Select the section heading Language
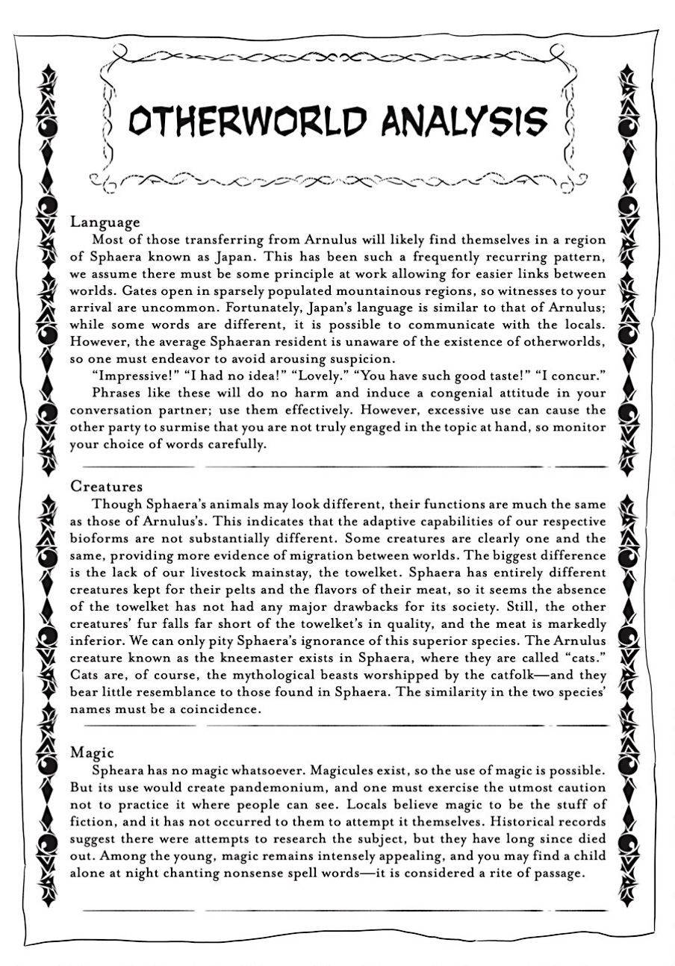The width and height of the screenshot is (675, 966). pyautogui.click(x=105, y=222)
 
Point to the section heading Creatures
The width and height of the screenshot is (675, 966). pyautogui.click(x=107, y=486)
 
